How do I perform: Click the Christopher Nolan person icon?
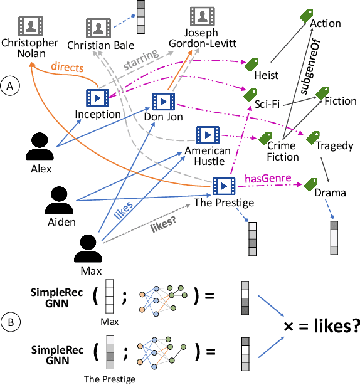coord(29,26)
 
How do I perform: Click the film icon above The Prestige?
coord(223,186)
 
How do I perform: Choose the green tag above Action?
coord(324,14)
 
